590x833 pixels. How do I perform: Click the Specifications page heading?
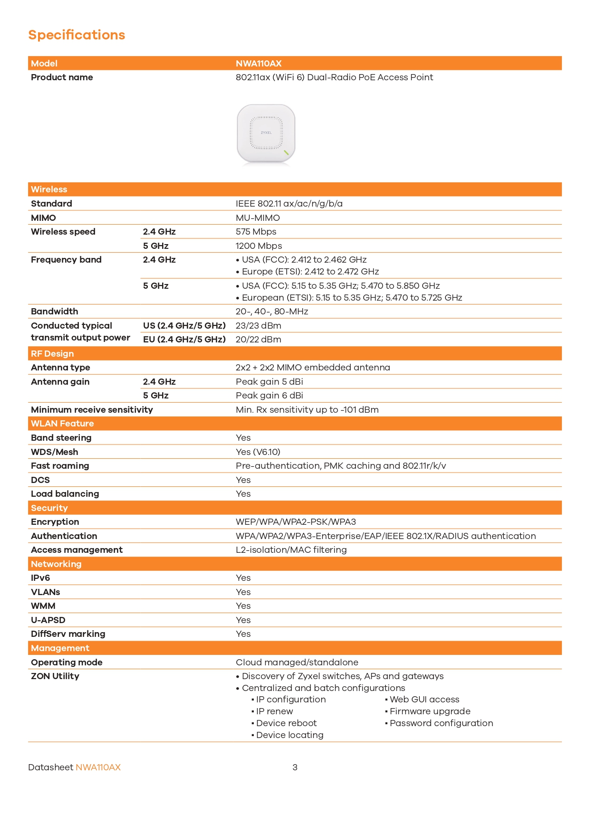point(77,35)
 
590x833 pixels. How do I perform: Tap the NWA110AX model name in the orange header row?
point(259,64)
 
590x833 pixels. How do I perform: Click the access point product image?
point(266,134)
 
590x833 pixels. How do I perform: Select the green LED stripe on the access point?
point(286,152)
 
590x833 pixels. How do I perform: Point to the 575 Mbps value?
point(256,232)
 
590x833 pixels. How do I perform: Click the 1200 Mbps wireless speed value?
point(259,246)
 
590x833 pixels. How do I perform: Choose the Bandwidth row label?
point(55,312)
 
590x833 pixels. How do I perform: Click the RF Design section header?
point(52,354)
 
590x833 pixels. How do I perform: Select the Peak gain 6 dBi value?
point(269,396)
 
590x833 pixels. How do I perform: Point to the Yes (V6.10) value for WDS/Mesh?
point(258,452)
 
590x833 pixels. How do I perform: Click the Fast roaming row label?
point(60,466)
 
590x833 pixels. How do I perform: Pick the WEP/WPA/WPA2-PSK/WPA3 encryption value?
point(296,522)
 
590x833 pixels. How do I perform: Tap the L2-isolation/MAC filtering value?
point(291,550)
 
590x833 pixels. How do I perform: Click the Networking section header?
point(56,564)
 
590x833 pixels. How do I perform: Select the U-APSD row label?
point(48,620)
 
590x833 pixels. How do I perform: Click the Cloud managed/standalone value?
point(297,663)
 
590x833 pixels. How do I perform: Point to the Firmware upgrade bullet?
point(430,711)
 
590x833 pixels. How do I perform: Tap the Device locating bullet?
point(290,735)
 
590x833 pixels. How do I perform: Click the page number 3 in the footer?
point(295,767)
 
